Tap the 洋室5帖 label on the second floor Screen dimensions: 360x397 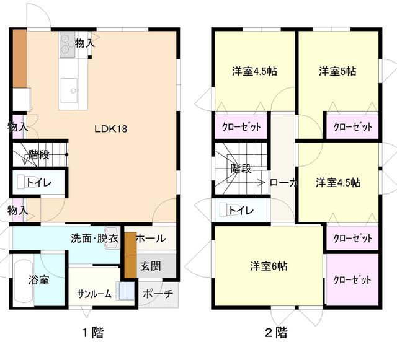(337, 71)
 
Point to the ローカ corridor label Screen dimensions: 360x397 (284, 183)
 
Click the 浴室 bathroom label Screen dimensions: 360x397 (38, 279)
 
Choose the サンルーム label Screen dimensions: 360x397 (94, 294)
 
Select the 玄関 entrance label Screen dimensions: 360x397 (149, 266)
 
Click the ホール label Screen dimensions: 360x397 (149, 239)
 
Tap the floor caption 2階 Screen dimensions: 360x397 (276, 333)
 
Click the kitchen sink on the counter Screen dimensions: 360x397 (69, 90)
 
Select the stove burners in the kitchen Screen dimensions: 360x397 (67, 42)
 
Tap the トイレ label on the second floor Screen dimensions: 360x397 (241, 211)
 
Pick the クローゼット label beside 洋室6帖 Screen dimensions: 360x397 (352, 279)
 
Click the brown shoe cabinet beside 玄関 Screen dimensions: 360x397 (130, 255)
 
